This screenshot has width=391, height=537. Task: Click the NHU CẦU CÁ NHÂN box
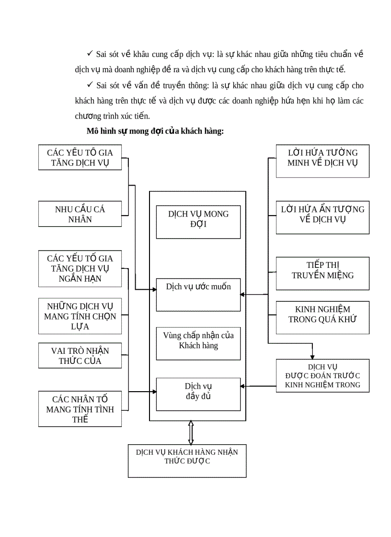(x=80, y=214)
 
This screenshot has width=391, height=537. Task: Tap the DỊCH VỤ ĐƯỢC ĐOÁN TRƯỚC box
(x=322, y=375)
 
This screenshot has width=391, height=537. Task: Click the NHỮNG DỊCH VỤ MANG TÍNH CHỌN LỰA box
(x=80, y=316)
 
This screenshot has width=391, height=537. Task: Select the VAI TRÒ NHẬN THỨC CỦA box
(x=80, y=356)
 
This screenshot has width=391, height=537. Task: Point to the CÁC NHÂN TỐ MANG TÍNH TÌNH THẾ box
(x=80, y=409)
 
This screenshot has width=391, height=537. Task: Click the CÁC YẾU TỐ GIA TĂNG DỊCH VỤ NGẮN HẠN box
(x=80, y=268)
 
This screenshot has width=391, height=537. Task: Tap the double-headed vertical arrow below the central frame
(x=191, y=433)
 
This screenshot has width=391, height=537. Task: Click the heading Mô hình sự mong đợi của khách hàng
(x=155, y=132)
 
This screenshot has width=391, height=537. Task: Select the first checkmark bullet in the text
(x=90, y=54)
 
